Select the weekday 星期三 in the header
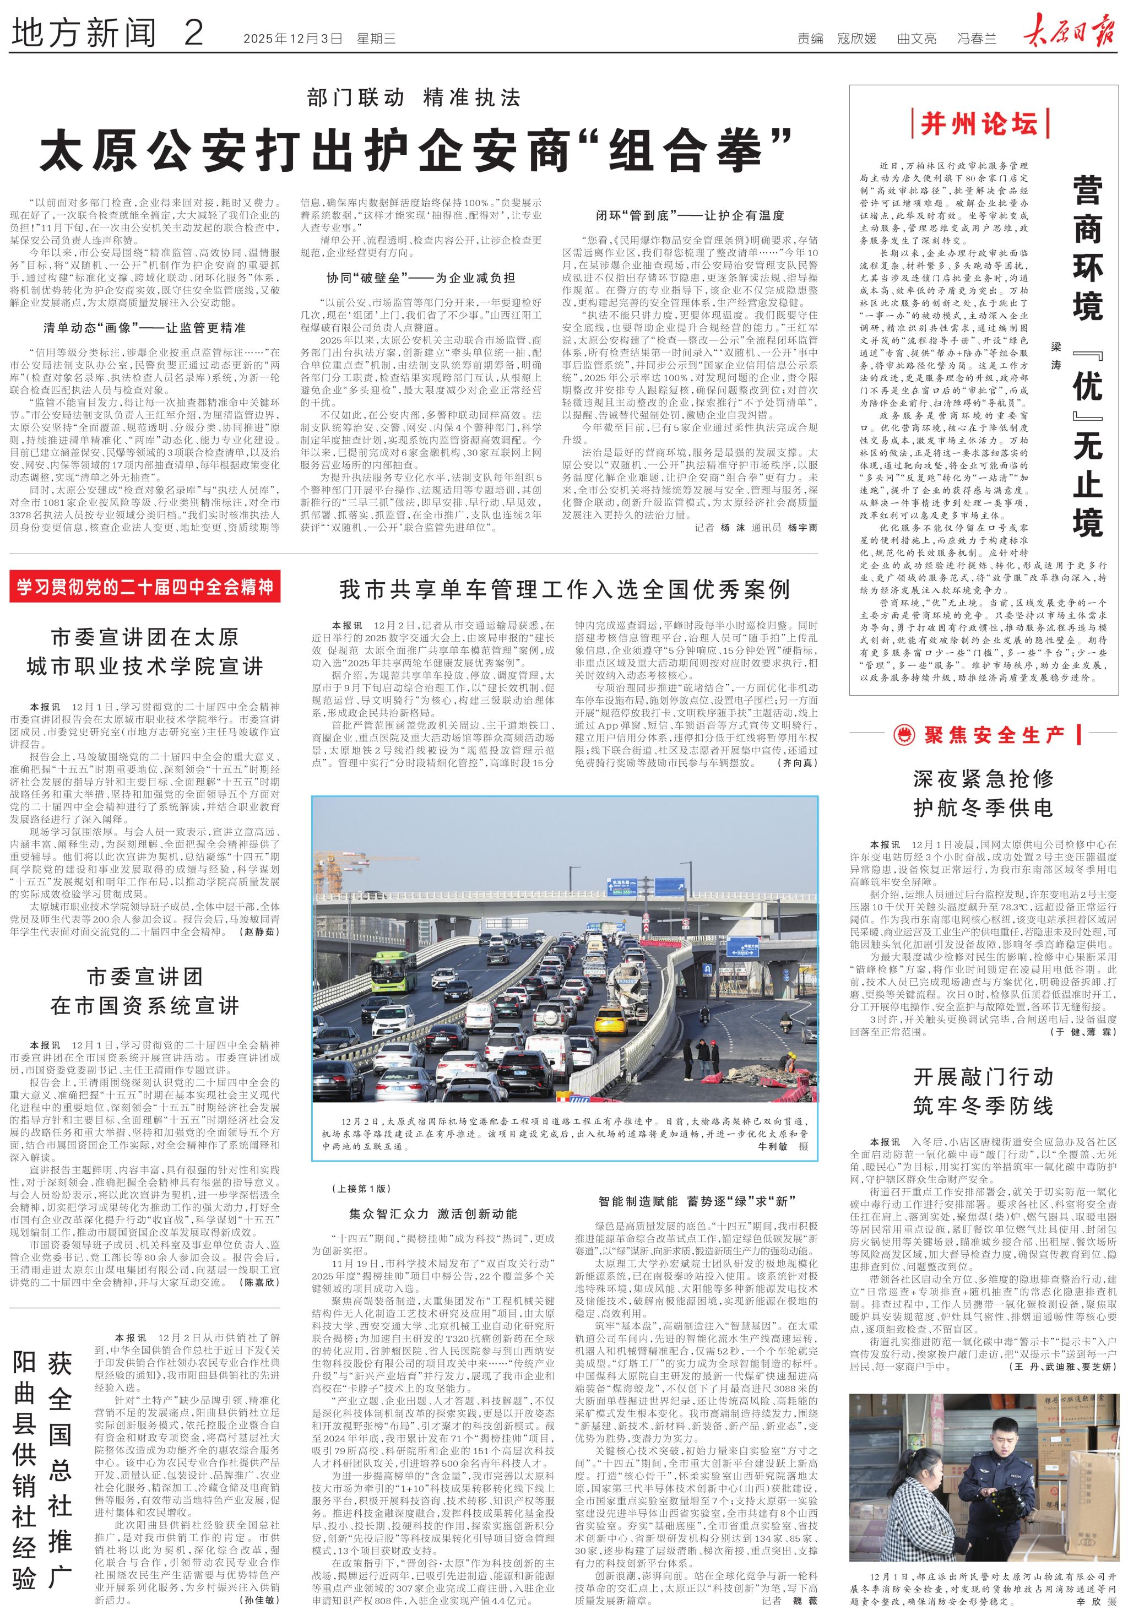coord(376,39)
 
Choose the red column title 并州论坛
coord(979,124)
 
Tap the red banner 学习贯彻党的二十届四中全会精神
coord(145,587)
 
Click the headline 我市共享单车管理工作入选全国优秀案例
coord(565,589)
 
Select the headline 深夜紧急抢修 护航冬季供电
coord(983,793)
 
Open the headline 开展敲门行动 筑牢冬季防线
coord(983,1091)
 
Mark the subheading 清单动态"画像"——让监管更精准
coord(145,328)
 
